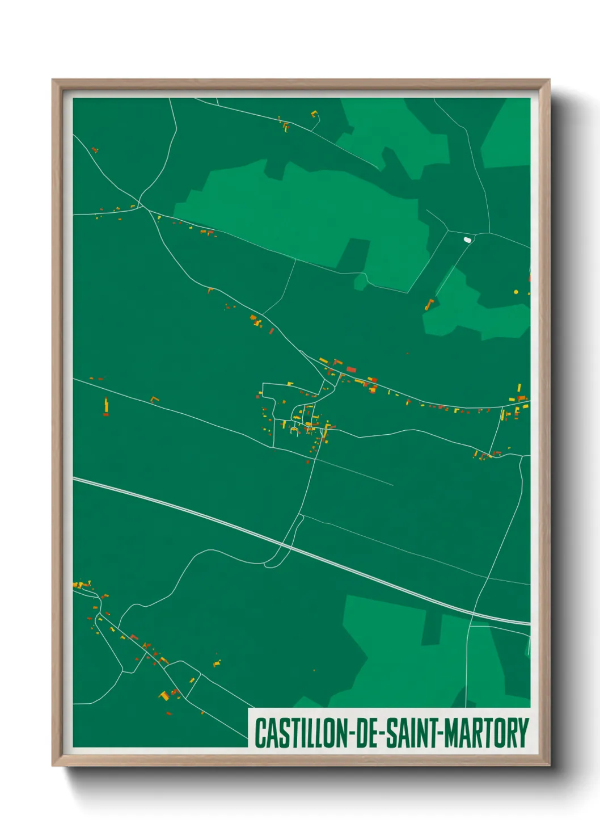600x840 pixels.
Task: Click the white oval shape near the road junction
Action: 467,240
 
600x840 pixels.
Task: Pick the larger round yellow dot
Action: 516,292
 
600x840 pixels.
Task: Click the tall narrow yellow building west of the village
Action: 105,405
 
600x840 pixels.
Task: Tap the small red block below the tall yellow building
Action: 105,415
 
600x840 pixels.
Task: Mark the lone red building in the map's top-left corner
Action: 95,150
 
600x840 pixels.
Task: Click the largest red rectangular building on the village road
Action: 351,369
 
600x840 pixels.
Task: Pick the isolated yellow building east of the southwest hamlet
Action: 216,663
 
